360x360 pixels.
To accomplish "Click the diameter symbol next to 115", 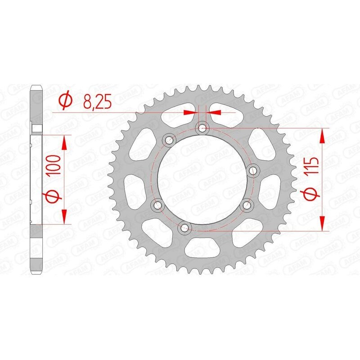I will click(314, 194).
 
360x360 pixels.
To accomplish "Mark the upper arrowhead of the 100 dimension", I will click(64, 143).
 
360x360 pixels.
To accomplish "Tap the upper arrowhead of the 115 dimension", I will click(322, 136).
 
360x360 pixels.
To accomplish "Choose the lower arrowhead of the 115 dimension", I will click(322, 222).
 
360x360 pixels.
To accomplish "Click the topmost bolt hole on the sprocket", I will click(202, 129).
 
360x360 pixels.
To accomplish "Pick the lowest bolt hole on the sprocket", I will click(183, 228).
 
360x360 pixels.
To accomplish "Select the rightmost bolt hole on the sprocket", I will click(253, 170).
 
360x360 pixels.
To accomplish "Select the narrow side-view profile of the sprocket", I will click(36, 180).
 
